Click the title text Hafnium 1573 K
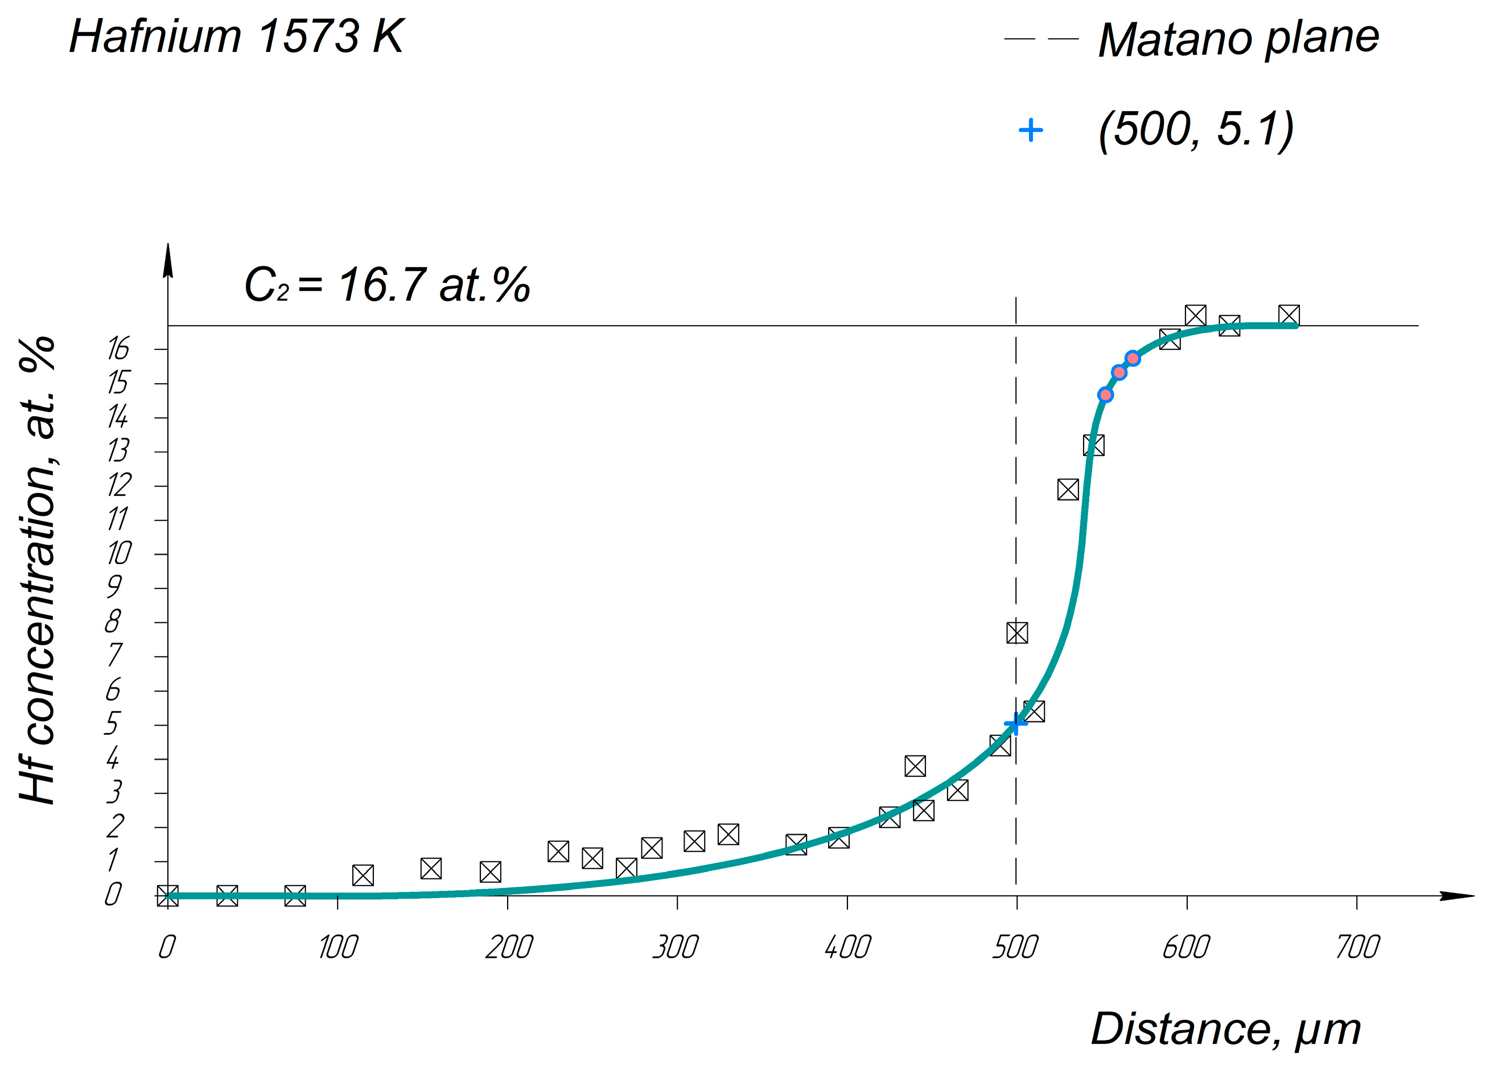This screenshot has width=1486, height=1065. [x=236, y=36]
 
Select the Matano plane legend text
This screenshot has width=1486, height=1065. [x=1238, y=39]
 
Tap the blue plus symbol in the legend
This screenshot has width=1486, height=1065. [x=1030, y=130]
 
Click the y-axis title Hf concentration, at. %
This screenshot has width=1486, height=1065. [x=38, y=570]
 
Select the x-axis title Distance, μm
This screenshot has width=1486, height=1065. [x=1225, y=1029]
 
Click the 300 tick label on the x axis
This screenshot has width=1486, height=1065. [x=676, y=947]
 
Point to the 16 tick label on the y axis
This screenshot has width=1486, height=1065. [x=118, y=349]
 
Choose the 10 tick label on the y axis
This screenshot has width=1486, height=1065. [x=118, y=554]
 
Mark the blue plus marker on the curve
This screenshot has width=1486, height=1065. [x=1015, y=723]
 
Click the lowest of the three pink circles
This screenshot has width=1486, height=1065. [x=1105, y=394]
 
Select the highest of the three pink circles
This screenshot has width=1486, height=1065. [x=1133, y=358]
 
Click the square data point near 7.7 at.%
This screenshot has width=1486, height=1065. [x=1017, y=632]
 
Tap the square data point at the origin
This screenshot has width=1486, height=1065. [x=168, y=895]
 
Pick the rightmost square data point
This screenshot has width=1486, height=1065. [x=1289, y=315]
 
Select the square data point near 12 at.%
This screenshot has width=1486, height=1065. [x=1068, y=489]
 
